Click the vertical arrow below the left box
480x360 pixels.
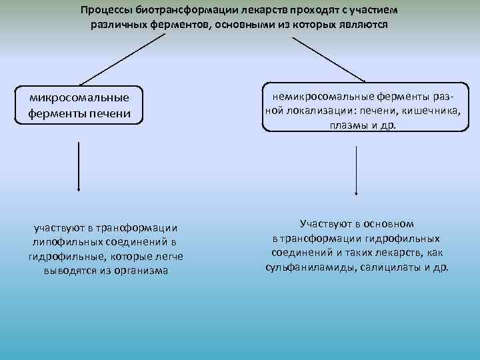(x=79, y=167)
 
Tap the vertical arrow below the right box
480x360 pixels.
(x=357, y=169)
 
